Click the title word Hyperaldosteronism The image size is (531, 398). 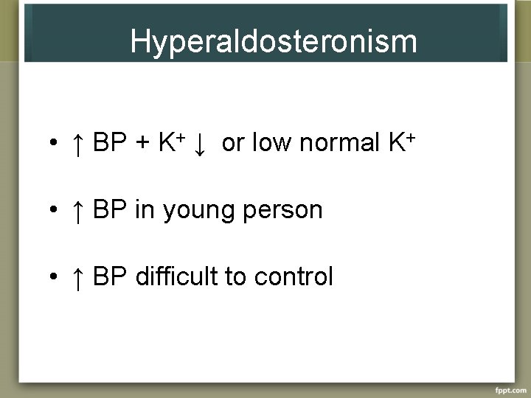tap(273, 42)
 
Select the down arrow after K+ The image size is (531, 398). tap(198, 145)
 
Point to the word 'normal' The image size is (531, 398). tap(340, 143)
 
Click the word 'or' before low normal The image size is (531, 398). tap(232, 144)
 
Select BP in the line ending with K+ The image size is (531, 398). tap(110, 144)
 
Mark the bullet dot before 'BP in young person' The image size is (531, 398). tap(54, 212)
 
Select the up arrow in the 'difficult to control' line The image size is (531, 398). tap(77, 277)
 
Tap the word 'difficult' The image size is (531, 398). tap(177, 276)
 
